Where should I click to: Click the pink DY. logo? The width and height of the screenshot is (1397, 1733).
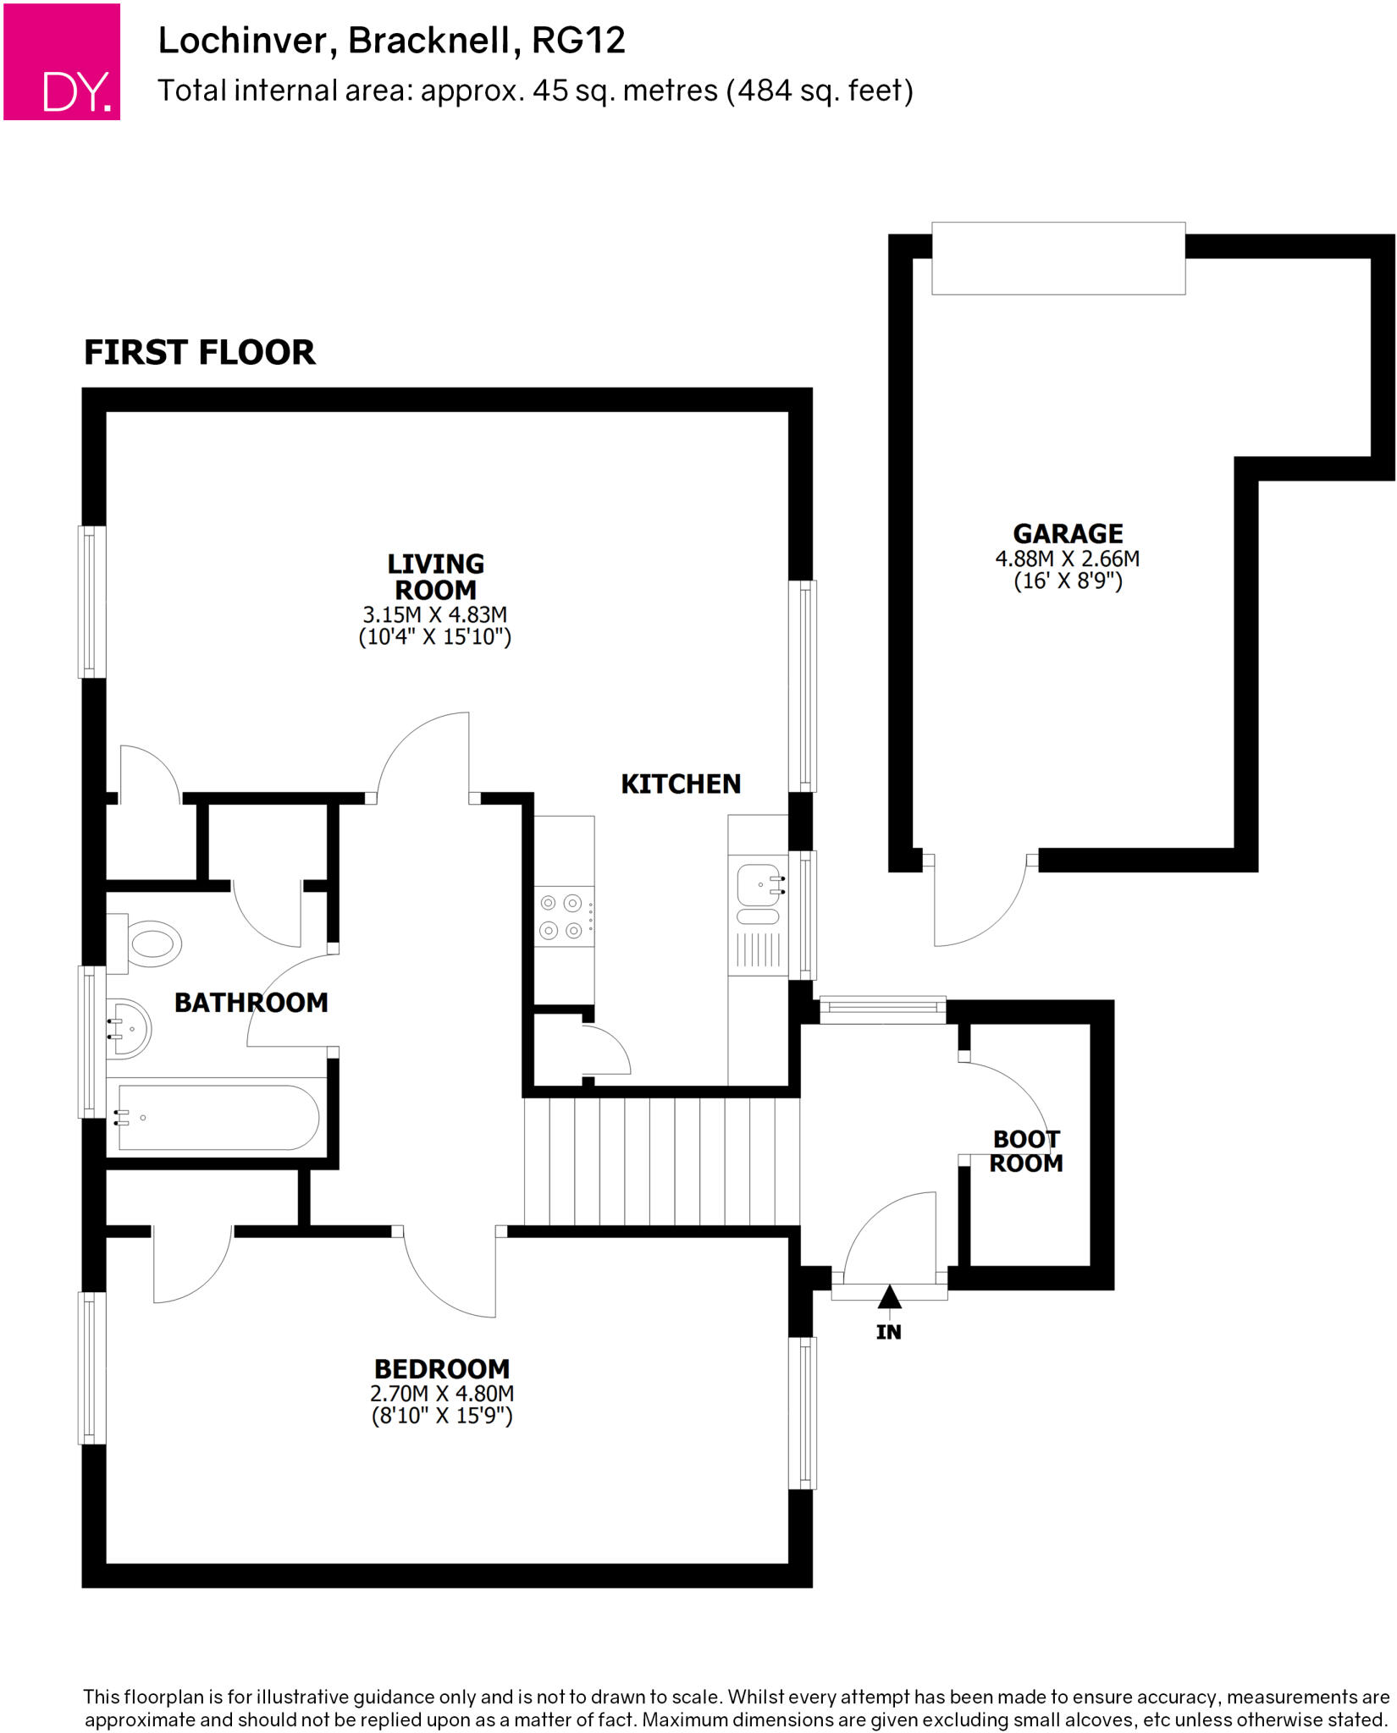(62, 62)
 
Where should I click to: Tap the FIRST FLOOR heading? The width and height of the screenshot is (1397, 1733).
(200, 352)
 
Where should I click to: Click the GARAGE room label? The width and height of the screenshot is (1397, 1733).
(1068, 534)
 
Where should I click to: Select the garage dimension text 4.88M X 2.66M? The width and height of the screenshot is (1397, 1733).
(1067, 559)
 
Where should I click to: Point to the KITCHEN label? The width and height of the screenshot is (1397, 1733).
(681, 784)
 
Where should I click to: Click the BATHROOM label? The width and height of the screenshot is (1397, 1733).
(251, 1003)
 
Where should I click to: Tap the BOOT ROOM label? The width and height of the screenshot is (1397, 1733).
(1026, 1151)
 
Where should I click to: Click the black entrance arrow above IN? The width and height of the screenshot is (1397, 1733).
(889, 1296)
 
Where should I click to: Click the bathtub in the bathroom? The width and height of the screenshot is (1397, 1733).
(218, 1118)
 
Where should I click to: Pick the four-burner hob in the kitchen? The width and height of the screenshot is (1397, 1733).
(564, 917)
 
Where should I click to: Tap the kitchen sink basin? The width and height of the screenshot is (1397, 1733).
(757, 885)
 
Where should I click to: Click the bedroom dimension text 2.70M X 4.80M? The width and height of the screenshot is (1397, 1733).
(442, 1394)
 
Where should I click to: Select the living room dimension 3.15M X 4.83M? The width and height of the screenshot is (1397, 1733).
(435, 614)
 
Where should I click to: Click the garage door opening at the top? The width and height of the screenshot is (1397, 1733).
(1058, 258)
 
